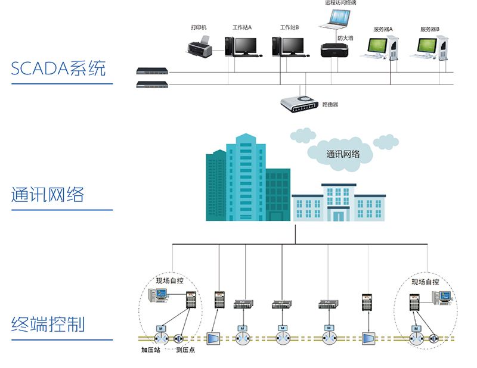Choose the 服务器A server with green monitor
(x=382, y=48)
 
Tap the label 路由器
(x=330, y=104)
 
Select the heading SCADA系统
(x=58, y=68)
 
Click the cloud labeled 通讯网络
(x=342, y=152)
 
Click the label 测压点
(x=185, y=350)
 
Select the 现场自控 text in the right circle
(x=425, y=282)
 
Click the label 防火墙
(x=345, y=38)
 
